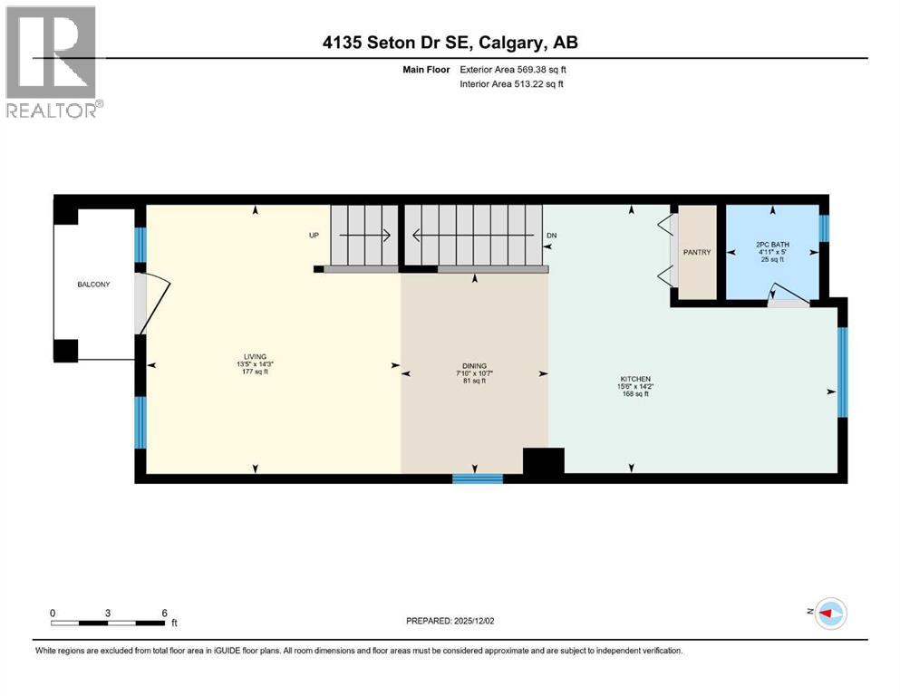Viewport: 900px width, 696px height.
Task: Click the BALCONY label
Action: [x=93, y=285]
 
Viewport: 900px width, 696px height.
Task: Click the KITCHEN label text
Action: [x=634, y=379]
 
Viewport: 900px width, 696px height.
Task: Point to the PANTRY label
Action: [x=697, y=253]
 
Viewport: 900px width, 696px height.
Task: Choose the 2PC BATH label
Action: [x=772, y=245]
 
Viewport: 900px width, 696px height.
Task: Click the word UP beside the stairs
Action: [x=315, y=236]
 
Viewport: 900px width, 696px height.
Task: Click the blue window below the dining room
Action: [x=478, y=478]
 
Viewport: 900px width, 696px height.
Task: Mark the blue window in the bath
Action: [x=824, y=227]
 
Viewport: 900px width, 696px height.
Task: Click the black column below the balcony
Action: [x=65, y=351]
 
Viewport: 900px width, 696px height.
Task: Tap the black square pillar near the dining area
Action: [x=544, y=461]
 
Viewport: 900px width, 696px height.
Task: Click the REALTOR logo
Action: [x=52, y=62]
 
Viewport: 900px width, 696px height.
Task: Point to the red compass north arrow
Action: [x=827, y=614]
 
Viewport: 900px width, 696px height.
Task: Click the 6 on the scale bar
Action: [x=164, y=613]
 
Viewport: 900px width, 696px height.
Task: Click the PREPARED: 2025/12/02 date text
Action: [x=450, y=621]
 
